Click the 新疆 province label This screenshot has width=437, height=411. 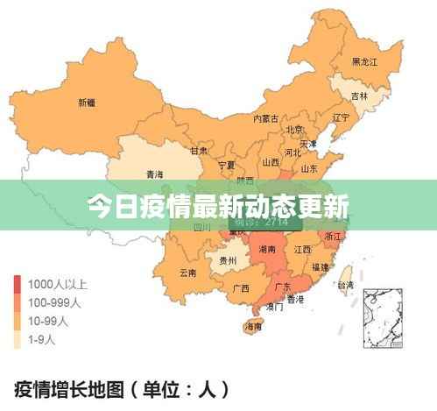coord(87,103)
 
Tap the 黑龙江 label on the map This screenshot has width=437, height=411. coord(364,62)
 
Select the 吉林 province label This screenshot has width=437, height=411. coord(359,96)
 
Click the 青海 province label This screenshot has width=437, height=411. coord(155,174)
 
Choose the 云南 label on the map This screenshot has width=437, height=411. coord(187,273)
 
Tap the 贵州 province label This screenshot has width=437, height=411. coord(228,260)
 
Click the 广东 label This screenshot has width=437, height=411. coord(283,287)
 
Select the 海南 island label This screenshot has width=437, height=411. coord(254,328)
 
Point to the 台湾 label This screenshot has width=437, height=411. coord(346,285)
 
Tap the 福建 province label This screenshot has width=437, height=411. coord(321,266)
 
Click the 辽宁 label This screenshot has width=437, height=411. coord(341,117)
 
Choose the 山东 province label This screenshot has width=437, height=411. coord(309,169)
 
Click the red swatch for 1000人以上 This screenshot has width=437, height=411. coord(18,284)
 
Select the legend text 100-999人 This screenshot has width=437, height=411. coord(54,301)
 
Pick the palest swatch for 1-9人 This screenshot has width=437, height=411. coord(18,338)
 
